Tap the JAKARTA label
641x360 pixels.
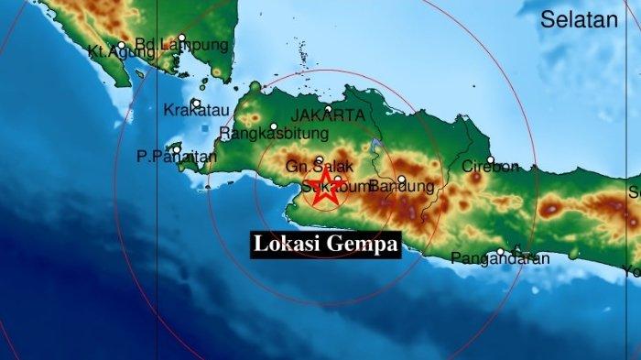(327, 116)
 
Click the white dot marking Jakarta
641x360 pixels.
(328, 108)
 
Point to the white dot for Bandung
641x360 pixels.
(401, 180)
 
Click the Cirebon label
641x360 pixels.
(490, 167)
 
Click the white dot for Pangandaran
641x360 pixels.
(501, 251)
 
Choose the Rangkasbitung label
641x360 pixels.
(262, 134)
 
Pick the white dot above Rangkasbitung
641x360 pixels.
(273, 126)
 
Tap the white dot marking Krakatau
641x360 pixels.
(196, 103)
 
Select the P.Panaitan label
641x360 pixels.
(177, 157)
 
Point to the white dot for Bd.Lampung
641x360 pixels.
(182, 38)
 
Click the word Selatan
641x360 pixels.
(578, 20)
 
